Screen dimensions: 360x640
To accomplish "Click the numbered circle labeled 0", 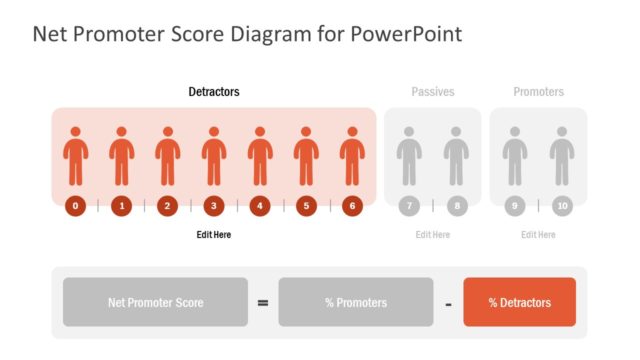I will tap(75, 206).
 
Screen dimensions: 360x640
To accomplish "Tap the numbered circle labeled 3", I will tap(213, 206).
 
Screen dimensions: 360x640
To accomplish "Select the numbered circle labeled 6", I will tap(351, 206).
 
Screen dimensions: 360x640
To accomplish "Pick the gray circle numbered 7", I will tap(407, 206).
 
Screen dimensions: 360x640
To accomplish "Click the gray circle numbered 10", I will tap(562, 206).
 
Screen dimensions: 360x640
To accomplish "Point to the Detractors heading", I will tap(214, 92).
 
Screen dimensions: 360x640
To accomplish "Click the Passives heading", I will tap(433, 92).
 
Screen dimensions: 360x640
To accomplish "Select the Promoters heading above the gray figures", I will tap(538, 92).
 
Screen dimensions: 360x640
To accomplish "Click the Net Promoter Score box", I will tap(155, 302).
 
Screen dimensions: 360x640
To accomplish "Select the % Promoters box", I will tap(356, 302).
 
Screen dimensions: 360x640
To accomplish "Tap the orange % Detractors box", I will tap(519, 302).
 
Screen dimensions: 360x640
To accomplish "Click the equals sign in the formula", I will tap(263, 302).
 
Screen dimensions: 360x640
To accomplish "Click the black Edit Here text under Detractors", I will tap(214, 235).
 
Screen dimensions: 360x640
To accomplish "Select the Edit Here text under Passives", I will tap(433, 235).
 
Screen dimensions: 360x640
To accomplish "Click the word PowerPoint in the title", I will tap(410, 34).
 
